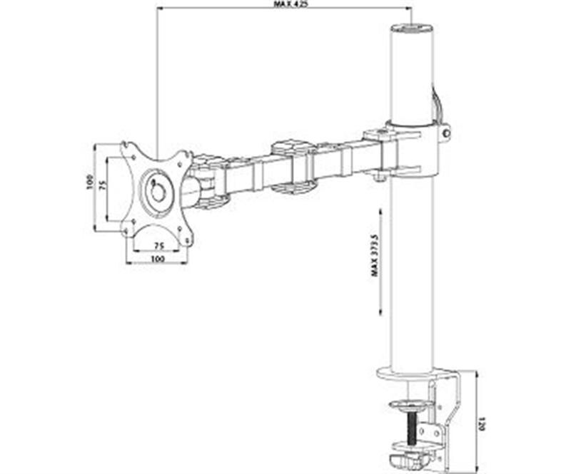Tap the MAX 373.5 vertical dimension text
[374, 254]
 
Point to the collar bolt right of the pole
[445, 133]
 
